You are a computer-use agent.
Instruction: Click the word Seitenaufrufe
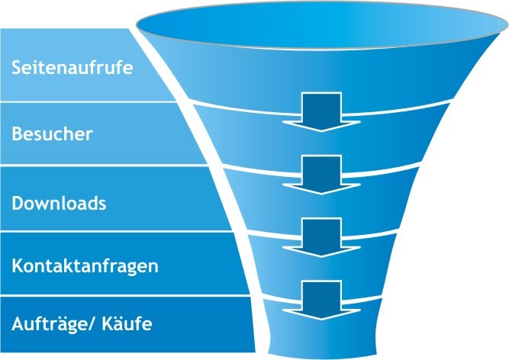(x=72, y=67)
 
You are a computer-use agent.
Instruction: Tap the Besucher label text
(x=52, y=134)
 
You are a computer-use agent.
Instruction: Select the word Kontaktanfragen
(x=85, y=266)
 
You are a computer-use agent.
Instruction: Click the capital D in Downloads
(x=18, y=204)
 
